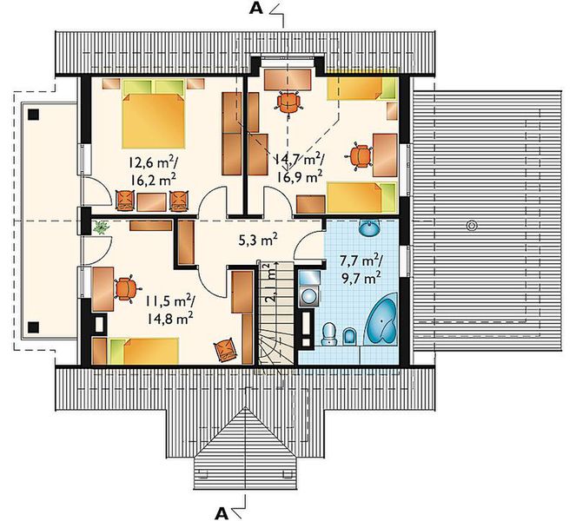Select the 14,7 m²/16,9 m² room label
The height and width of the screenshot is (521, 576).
(300, 167)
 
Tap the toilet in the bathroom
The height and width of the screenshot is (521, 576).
(328, 334)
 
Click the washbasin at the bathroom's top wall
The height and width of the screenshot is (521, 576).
(370, 229)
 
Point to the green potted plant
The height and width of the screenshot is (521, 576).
(101, 228)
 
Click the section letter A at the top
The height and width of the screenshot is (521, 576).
(256, 10)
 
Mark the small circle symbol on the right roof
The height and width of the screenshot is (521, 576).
(472, 225)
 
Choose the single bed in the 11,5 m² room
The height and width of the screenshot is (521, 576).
(139, 350)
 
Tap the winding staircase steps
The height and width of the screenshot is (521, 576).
(275, 343)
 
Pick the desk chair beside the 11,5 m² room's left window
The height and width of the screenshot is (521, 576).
(125, 287)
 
